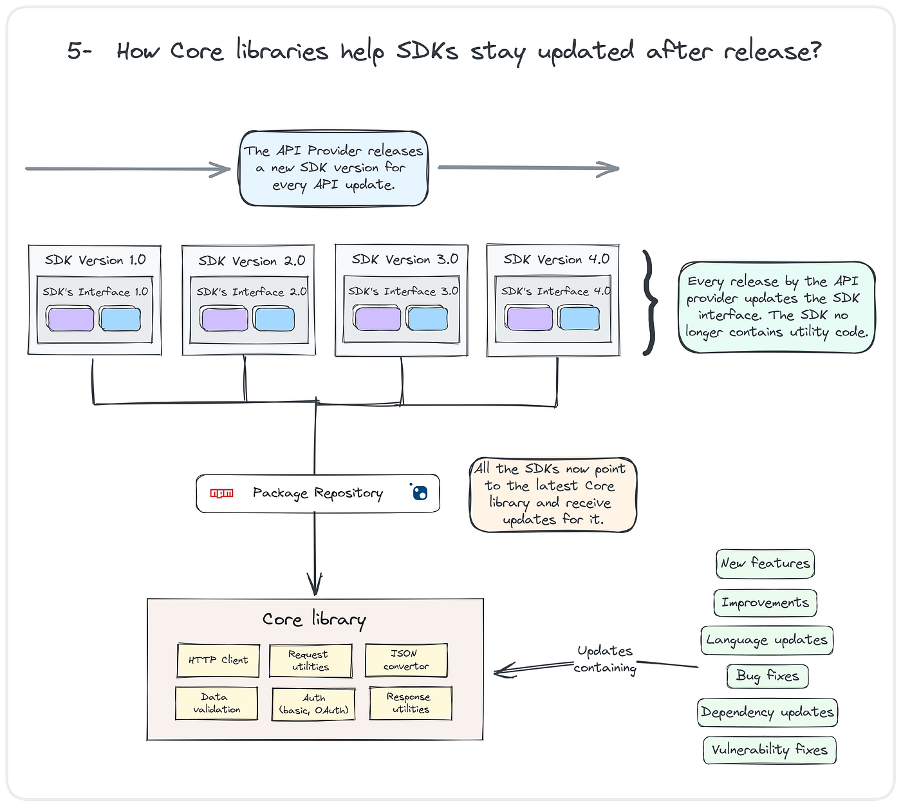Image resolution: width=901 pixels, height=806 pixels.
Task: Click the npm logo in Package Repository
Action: click(221, 493)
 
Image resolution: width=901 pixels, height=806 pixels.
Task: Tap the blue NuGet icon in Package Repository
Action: click(419, 492)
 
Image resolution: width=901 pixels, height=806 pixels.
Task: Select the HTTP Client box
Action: click(218, 660)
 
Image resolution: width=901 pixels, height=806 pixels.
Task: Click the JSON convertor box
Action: click(406, 660)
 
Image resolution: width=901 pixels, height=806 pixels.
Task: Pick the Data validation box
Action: click(217, 703)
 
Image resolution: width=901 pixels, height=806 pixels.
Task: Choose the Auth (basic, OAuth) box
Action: click(313, 704)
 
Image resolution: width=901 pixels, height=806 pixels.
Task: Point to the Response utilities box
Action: click(411, 703)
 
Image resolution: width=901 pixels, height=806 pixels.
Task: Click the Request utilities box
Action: click(310, 661)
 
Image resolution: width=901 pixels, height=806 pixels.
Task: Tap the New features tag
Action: click(765, 563)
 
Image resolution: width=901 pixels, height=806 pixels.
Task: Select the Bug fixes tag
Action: click(768, 676)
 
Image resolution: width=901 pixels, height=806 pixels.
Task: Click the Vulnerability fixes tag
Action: click(769, 750)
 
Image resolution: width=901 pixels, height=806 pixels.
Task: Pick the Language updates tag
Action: click(766, 640)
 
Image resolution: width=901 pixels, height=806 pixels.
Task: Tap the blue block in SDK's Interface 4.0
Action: click(579, 318)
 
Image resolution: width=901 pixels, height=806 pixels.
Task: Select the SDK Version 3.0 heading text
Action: click(405, 259)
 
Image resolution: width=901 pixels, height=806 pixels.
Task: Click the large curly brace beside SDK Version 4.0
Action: click(650, 303)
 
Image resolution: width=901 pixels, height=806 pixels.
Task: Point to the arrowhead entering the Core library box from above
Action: click(315, 584)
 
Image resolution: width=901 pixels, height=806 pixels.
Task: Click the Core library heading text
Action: click(314, 619)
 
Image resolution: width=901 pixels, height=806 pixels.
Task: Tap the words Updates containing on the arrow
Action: click(605, 659)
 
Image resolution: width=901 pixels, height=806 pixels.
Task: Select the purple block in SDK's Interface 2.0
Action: click(224, 319)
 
